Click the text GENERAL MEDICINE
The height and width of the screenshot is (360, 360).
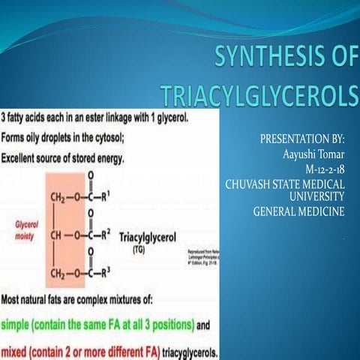pos(298,211)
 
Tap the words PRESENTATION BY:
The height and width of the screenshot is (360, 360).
pos(301,140)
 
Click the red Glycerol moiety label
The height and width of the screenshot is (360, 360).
pos(25,229)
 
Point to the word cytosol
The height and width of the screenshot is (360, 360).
pos(111,138)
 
